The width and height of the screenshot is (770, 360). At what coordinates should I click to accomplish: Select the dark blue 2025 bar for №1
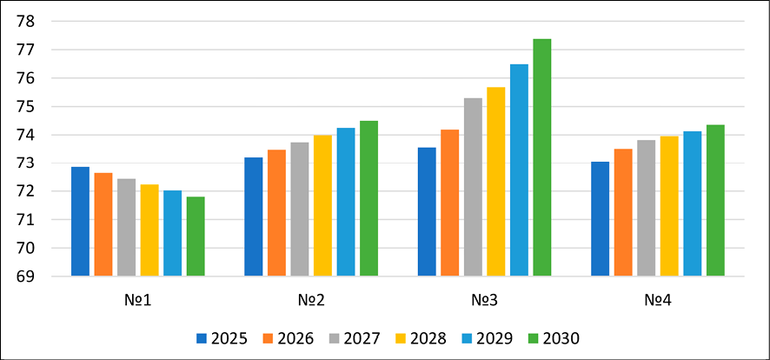[80, 222]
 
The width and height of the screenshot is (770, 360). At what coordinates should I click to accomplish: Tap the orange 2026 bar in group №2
[276, 213]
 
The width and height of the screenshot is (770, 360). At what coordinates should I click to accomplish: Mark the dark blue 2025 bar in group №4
[601, 219]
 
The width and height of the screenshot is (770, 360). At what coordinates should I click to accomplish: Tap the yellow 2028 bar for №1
[149, 230]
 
